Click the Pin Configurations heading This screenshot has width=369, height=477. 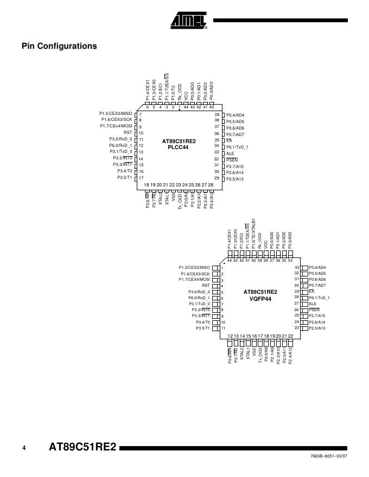[59, 46]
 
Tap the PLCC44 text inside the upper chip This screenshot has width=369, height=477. [179, 147]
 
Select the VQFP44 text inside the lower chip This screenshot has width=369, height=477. [260, 298]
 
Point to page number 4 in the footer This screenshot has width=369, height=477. [24, 448]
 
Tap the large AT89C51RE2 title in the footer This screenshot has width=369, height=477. [82, 448]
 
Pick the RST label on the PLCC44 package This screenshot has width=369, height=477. [128, 132]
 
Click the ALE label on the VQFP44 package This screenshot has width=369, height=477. [313, 304]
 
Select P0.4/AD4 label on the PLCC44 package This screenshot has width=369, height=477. [235, 115]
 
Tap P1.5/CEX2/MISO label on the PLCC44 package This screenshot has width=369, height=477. [116, 113]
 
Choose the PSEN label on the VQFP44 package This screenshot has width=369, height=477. [314, 310]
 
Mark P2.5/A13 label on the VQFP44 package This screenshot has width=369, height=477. [317, 328]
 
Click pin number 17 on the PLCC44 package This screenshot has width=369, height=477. [141, 178]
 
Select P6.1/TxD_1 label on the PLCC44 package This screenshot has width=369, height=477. [237, 147]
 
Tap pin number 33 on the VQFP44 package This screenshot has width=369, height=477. [297, 267]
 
